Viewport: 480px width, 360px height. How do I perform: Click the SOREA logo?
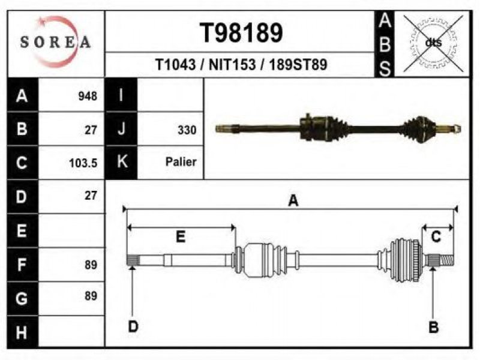pos(55,42)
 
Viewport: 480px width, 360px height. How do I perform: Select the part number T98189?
pos(241,34)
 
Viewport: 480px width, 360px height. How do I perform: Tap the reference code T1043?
pos(175,65)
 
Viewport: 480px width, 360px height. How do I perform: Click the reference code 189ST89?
pos(298,65)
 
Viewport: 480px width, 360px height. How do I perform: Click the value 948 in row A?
pos(88,96)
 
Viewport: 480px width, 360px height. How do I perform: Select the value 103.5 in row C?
pos(83,163)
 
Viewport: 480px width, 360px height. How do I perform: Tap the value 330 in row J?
pos(187,129)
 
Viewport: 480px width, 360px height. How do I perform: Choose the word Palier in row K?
pos(181,162)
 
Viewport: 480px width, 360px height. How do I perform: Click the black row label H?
pos(22,332)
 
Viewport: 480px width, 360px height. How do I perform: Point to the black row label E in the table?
pos(22,230)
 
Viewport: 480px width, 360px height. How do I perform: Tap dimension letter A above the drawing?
pos(293,201)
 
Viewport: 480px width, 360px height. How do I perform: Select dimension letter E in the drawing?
pos(180,236)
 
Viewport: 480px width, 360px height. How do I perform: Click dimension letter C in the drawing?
pos(436,236)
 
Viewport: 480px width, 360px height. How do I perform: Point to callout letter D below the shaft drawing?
pos(133,326)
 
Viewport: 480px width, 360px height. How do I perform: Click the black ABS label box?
pos(385,44)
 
